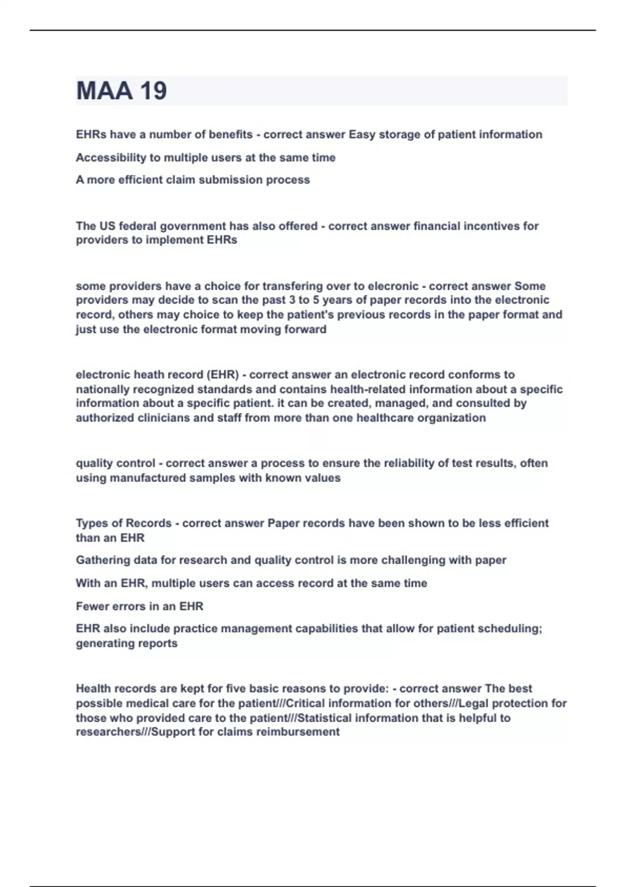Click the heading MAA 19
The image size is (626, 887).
click(122, 91)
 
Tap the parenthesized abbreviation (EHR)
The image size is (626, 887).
click(222, 375)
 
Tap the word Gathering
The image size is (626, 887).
click(102, 560)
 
